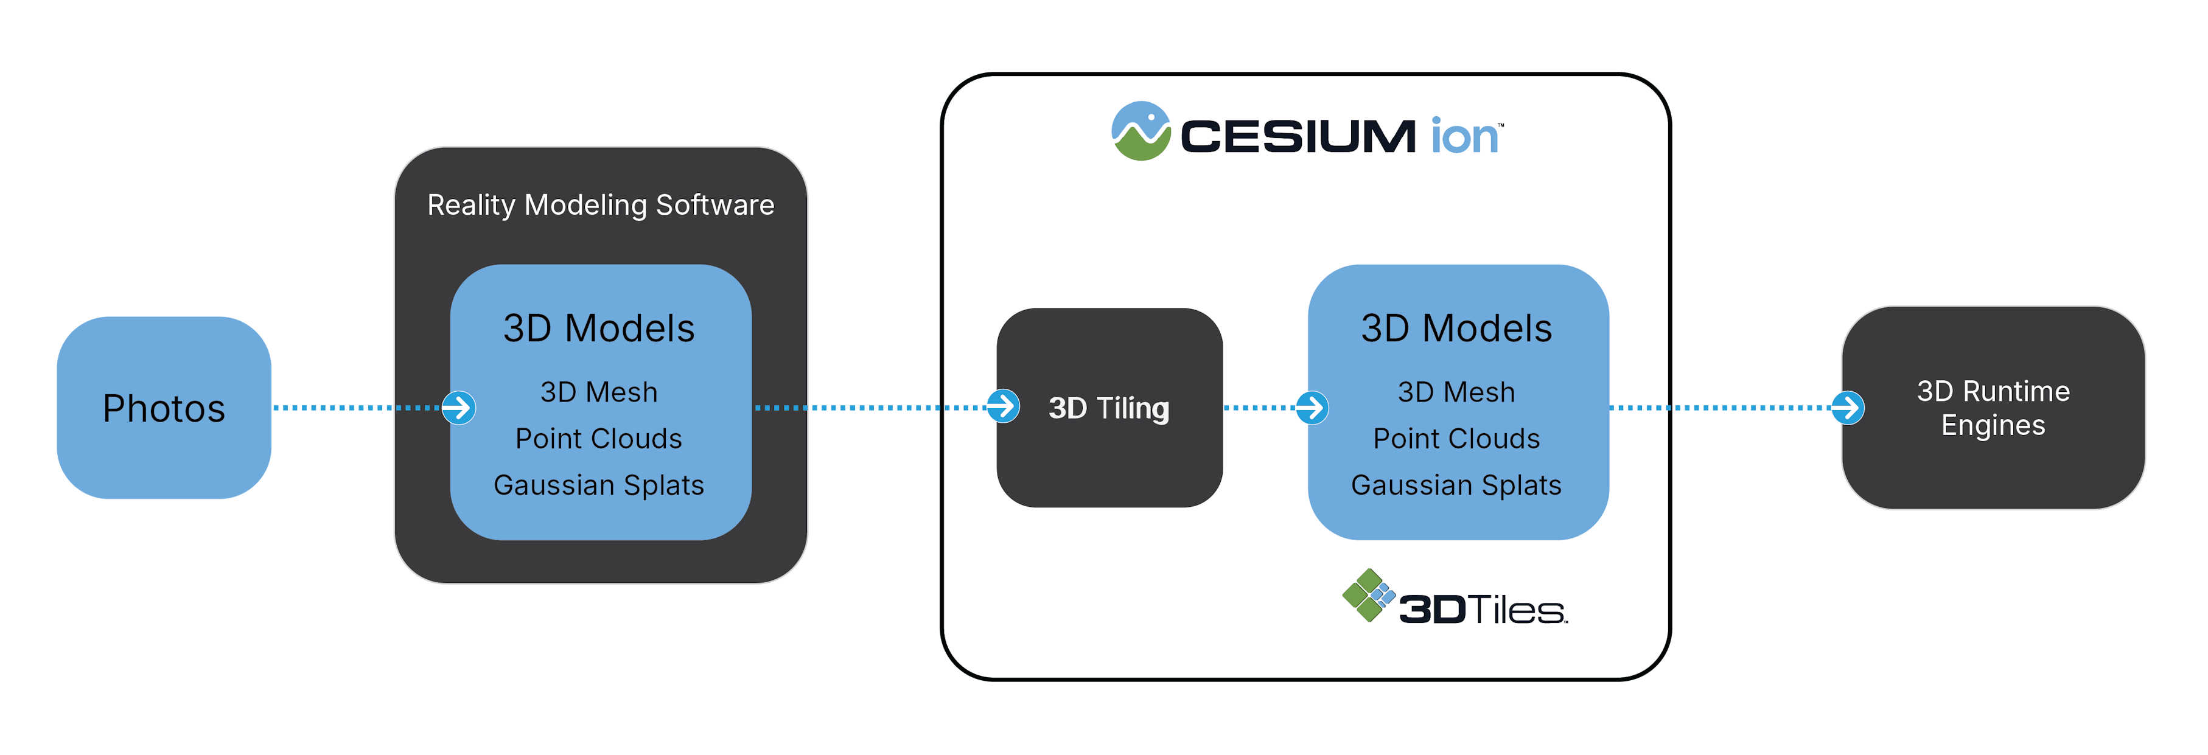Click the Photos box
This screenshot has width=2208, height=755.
click(164, 408)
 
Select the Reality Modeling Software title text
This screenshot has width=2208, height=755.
click(600, 205)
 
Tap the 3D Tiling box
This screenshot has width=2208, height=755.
click(1108, 408)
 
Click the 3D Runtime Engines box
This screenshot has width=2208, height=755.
click(1993, 408)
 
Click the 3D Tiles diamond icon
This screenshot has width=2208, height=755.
click(1368, 595)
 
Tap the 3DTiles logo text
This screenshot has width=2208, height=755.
click(1483, 610)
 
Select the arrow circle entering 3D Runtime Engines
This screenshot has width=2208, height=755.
click(1847, 408)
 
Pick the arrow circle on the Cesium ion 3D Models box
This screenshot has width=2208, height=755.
click(1312, 408)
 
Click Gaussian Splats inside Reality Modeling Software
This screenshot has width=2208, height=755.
click(598, 485)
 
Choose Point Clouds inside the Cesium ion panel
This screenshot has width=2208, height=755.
click(1456, 439)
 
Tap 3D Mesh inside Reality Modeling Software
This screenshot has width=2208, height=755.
click(598, 392)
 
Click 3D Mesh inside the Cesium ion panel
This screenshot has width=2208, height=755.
click(1456, 392)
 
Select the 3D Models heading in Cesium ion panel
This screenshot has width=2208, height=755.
click(1456, 329)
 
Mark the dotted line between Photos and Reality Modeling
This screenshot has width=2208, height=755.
click(355, 408)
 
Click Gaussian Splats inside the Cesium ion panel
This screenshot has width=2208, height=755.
click(1456, 485)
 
